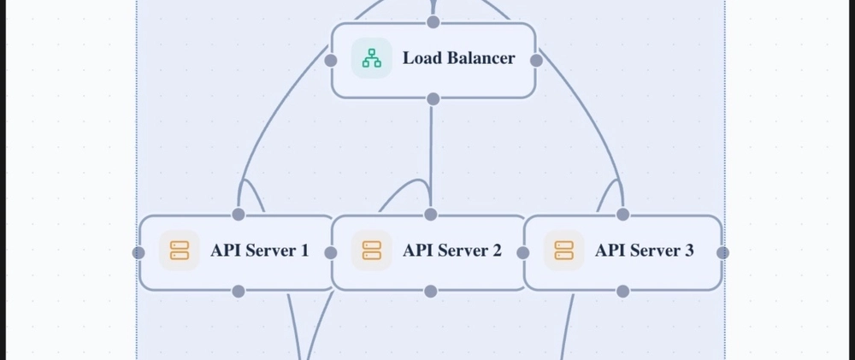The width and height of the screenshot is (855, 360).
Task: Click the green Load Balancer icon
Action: [x=371, y=58]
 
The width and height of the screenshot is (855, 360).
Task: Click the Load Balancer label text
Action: [x=459, y=58]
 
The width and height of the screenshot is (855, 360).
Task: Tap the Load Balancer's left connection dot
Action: [x=331, y=60]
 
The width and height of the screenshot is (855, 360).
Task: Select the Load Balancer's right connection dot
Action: [x=536, y=60]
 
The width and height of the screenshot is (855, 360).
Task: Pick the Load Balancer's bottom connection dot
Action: [x=433, y=99]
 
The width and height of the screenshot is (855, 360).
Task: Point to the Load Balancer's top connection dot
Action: [x=433, y=21]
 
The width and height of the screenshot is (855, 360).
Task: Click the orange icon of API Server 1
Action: [x=179, y=251]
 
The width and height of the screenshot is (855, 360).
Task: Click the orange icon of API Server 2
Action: [x=371, y=251]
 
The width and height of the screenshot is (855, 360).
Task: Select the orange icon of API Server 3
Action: [x=563, y=251]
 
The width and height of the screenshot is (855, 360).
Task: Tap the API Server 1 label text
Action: [x=260, y=251]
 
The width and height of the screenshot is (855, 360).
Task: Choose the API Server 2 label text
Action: [x=452, y=251]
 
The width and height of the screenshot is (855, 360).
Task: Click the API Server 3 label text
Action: [x=645, y=251]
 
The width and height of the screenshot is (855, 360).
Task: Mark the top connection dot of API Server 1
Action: [x=239, y=214]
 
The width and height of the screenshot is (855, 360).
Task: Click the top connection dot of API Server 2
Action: [x=431, y=214]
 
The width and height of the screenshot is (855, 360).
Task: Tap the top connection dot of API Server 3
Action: [x=622, y=214]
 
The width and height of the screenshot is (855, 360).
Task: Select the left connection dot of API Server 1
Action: [x=139, y=252]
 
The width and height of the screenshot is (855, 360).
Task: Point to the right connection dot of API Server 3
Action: [x=722, y=252]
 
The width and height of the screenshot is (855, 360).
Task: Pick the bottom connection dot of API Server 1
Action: [x=239, y=292]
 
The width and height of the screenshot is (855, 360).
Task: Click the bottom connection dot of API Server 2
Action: [x=431, y=292]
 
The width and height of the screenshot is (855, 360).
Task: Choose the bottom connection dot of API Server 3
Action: [x=622, y=292]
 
